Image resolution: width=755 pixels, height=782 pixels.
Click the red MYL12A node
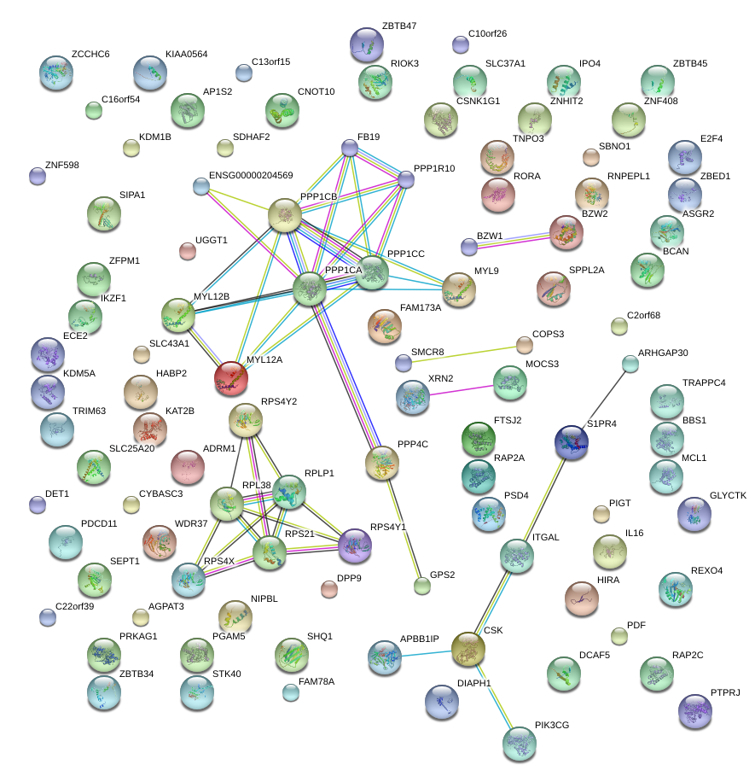click(x=231, y=378)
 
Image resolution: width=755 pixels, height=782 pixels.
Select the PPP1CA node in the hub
click(x=311, y=289)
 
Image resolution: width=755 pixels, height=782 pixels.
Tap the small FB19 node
click(x=350, y=148)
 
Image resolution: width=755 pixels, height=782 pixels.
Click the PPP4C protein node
click(x=381, y=462)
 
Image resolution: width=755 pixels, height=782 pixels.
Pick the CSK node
click(x=468, y=649)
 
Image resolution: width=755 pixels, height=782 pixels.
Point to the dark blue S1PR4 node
click(x=572, y=441)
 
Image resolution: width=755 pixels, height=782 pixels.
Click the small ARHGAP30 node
click(x=630, y=365)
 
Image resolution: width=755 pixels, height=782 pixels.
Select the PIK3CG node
click(x=520, y=743)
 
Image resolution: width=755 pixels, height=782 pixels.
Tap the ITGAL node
click(x=516, y=555)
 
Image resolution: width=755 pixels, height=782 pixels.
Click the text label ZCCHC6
click(x=90, y=55)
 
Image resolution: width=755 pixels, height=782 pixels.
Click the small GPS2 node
click(x=422, y=586)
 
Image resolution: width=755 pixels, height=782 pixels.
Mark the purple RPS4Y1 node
click(x=355, y=546)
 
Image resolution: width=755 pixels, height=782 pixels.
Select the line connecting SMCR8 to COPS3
click(x=464, y=354)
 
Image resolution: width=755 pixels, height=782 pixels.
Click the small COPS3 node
click(x=525, y=345)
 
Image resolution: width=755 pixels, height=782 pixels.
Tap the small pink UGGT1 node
click(x=187, y=250)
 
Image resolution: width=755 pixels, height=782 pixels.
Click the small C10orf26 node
click(x=461, y=44)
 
